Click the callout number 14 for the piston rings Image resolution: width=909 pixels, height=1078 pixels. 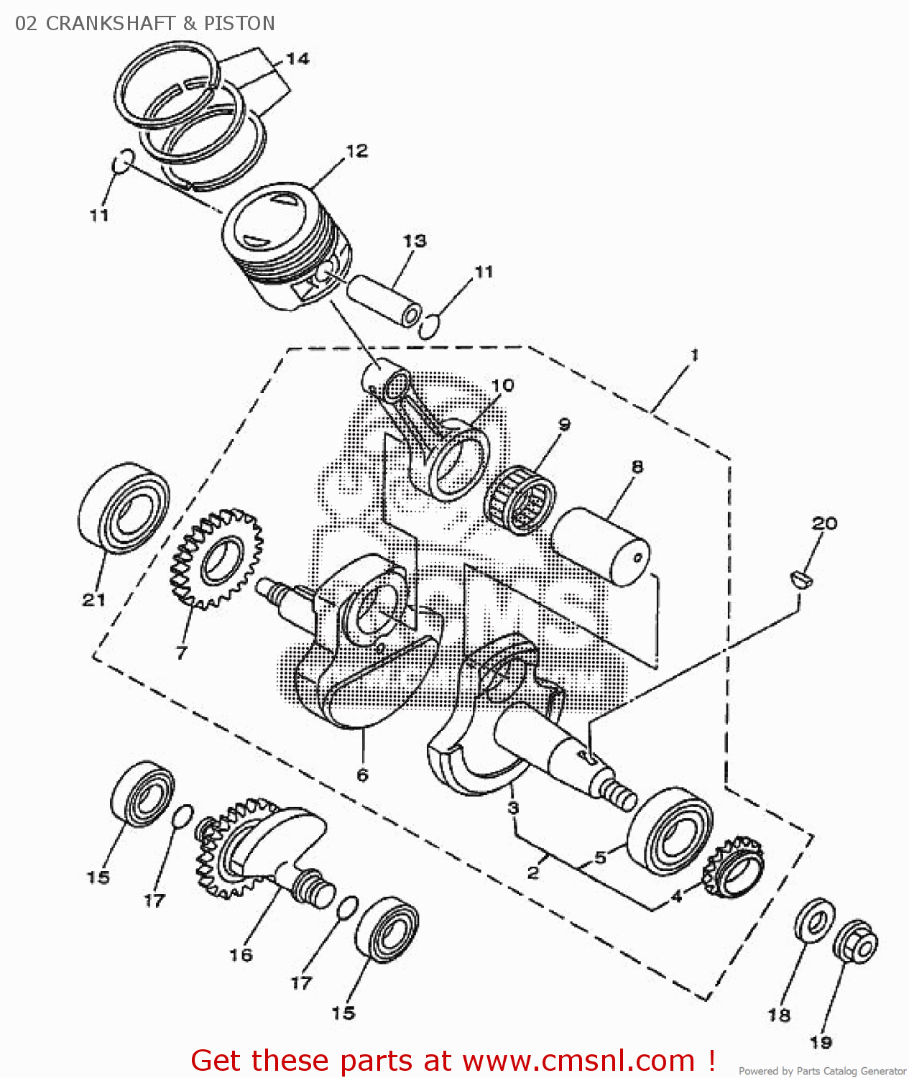297,59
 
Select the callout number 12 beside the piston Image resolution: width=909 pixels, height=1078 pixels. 356,151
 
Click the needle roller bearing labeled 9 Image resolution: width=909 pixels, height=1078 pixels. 521,499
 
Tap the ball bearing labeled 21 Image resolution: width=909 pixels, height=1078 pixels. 124,508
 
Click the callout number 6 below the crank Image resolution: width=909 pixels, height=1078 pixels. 363,775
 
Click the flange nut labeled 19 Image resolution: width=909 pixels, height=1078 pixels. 856,941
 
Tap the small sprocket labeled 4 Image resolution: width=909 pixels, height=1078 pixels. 734,867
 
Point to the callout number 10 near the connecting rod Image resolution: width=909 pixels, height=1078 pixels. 503,386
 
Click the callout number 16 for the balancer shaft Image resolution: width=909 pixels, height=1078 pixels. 241,954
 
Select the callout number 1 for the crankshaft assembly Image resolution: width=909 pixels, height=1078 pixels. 694,355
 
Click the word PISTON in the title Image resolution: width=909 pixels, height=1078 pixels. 239,24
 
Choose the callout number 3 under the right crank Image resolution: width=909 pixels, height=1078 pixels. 513,808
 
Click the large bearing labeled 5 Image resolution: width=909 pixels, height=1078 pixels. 670,831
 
